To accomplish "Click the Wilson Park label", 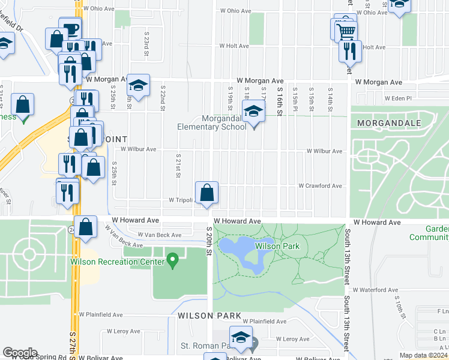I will (277, 246).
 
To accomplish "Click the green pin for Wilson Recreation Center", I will (173, 260).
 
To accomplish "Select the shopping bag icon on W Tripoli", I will (206, 193).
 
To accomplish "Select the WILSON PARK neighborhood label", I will (209, 315).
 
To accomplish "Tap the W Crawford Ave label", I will (320, 186).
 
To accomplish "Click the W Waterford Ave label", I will (375, 290).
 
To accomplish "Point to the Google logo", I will (20, 353).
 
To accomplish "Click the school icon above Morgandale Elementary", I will (253, 111).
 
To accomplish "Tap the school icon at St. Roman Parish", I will (241, 340).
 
